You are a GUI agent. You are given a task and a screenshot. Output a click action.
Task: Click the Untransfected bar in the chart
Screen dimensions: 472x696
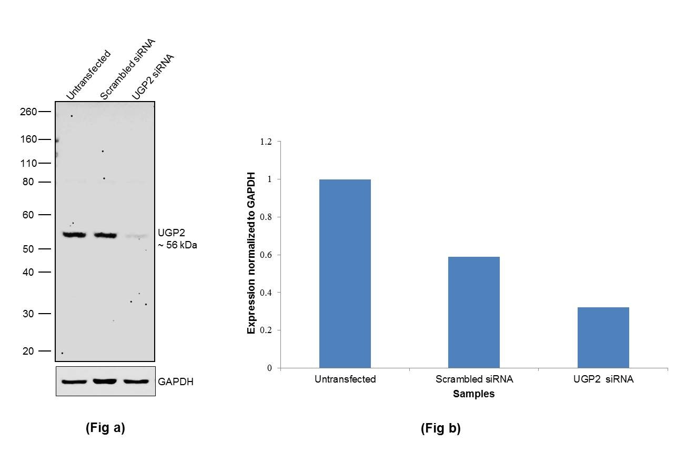pos(345,274)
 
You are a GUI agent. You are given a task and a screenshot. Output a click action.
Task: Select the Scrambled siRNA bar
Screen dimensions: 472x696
pos(473,312)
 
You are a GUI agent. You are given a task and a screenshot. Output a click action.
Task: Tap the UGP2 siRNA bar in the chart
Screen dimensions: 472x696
pos(603,337)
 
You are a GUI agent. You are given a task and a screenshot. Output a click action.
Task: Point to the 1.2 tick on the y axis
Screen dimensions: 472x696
pos(266,142)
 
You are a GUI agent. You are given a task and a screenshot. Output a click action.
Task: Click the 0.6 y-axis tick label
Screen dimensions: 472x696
pos(266,255)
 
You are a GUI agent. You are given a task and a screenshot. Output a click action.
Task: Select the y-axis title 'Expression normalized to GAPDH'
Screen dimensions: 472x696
pos(251,253)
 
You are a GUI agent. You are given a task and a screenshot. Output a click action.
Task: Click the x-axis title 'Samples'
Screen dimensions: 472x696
pos(473,394)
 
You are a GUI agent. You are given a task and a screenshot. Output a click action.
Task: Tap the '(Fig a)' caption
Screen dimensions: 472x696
pos(105,428)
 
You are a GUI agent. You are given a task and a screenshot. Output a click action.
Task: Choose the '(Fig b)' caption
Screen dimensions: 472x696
pos(440,428)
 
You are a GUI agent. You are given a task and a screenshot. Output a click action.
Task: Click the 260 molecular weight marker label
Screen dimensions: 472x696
pos(29,112)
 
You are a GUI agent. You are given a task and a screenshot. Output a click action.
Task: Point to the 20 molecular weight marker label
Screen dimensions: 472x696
pos(28,351)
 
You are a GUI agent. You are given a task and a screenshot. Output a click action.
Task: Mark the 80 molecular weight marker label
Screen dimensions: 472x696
pos(28,182)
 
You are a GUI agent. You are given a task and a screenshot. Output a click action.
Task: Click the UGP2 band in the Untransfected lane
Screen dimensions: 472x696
pos(74,235)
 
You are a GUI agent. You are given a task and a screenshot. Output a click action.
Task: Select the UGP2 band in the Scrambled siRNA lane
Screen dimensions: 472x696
pos(105,235)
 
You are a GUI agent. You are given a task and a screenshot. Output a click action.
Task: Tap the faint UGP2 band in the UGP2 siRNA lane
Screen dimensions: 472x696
pos(136,236)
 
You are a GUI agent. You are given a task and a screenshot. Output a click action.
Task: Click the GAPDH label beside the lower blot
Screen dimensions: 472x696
pos(176,381)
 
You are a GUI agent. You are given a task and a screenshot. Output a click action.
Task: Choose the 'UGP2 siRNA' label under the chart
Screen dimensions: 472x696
pos(603,379)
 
